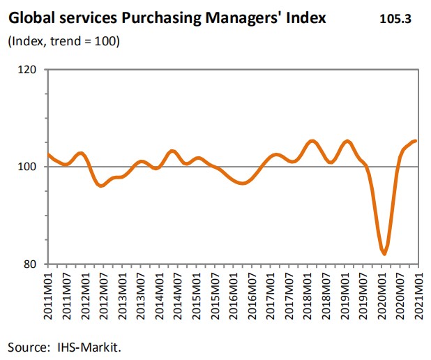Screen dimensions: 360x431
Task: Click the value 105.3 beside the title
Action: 395,19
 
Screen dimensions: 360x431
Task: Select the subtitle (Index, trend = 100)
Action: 64,42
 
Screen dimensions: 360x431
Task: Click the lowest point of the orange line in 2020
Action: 384,254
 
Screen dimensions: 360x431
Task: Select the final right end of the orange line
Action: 416,141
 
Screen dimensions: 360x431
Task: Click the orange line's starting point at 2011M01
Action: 47,154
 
